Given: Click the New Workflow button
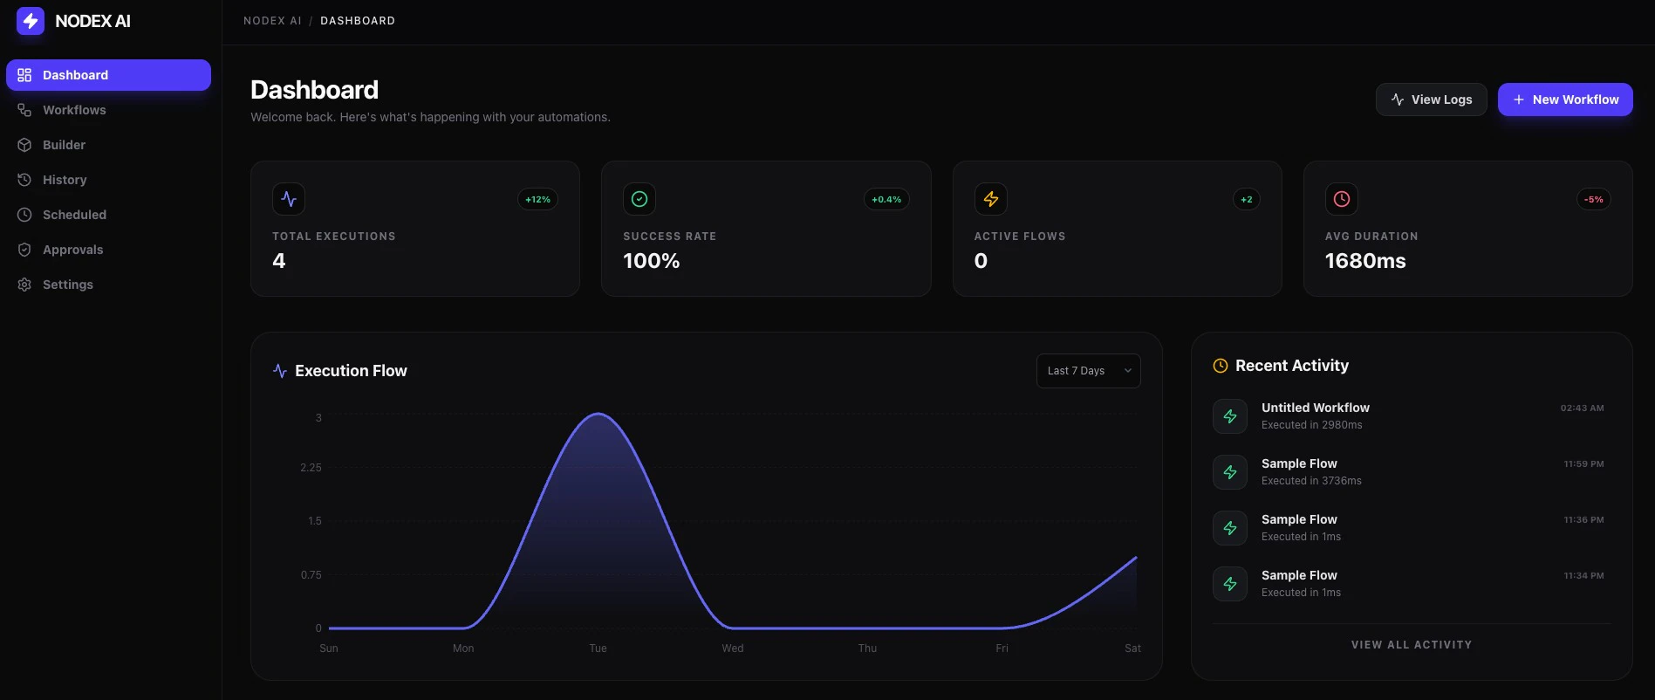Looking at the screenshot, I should click(x=1565, y=100).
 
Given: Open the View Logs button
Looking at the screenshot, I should click(x=1431, y=100).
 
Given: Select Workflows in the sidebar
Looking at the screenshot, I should click(x=74, y=110).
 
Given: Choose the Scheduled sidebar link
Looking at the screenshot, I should click(x=74, y=215).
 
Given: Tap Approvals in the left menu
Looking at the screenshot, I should click(x=72, y=250).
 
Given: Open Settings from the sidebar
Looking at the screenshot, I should click(x=67, y=285).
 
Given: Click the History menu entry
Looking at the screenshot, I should click(x=65, y=180).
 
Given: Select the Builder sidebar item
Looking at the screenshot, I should click(x=64, y=145).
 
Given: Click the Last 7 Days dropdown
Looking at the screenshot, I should click(x=1088, y=371).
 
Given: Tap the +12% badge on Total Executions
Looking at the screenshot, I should click(x=537, y=200).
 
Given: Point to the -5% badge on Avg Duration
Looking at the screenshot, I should click(x=1593, y=200).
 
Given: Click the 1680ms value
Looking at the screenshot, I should click(x=1365, y=261).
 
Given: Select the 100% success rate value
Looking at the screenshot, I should click(x=651, y=261).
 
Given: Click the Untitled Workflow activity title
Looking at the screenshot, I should click(x=1315, y=408).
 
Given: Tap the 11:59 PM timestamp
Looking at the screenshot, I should click(x=1583, y=464).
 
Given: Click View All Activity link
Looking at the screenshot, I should click(x=1411, y=645).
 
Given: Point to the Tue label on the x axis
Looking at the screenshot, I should click(x=598, y=649).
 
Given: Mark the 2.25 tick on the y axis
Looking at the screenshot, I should click(x=311, y=468).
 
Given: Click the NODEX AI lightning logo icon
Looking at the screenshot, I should click(x=31, y=21).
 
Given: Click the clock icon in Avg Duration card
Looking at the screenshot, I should click(x=1341, y=199).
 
